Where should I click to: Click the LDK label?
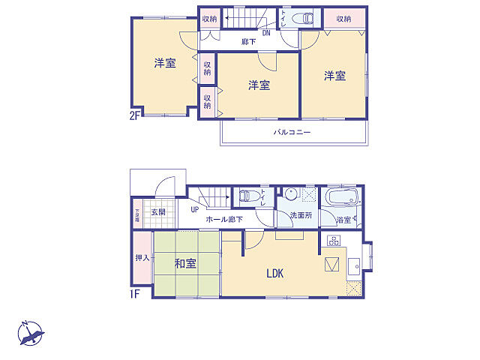274,274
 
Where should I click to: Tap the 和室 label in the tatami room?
185,263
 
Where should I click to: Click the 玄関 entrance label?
158,212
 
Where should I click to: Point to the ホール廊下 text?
223,220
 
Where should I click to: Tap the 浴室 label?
344,220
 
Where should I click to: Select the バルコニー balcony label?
292,132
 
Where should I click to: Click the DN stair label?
266,32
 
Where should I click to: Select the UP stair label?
194,210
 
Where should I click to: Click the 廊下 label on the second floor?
248,42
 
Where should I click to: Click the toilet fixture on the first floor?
246,196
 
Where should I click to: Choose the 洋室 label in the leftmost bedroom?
165,64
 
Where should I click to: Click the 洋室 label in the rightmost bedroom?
334,75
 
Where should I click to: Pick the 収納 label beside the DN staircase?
209,19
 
